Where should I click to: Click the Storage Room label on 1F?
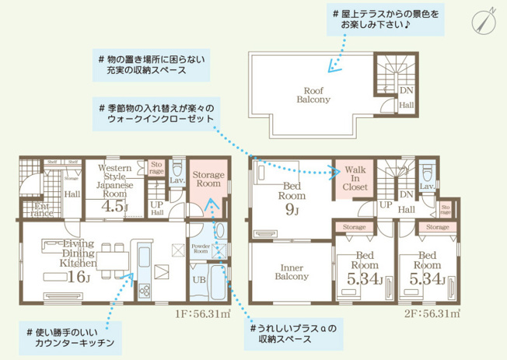[x=208, y=180]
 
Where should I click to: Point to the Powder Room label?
[x=201, y=249]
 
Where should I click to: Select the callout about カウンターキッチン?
[x=71, y=337]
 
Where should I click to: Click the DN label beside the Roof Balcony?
[x=406, y=91]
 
